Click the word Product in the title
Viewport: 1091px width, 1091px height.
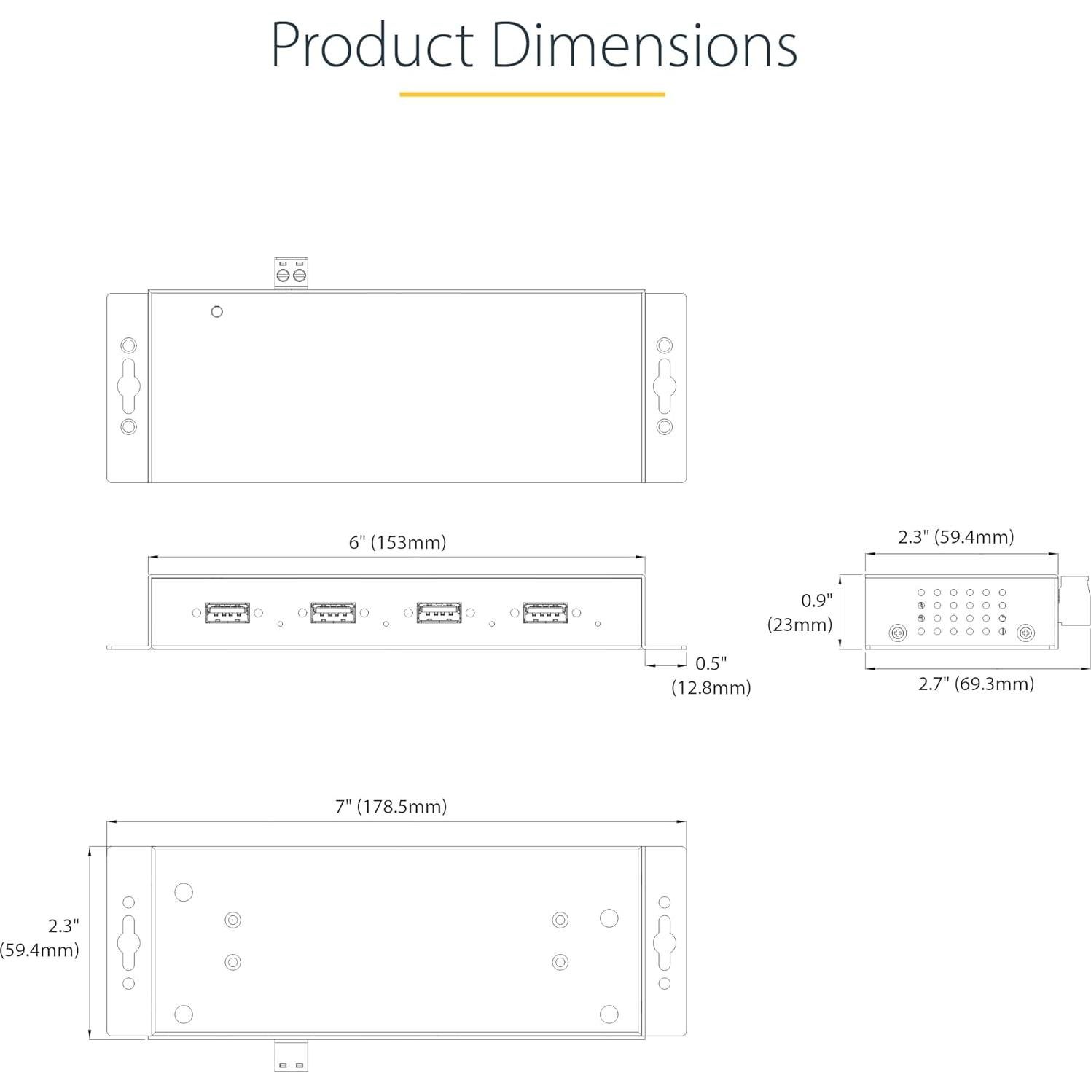point(372,45)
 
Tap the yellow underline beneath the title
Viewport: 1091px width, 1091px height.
point(532,94)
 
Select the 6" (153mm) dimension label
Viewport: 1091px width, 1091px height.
point(397,542)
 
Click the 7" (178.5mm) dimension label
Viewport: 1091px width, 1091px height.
point(391,806)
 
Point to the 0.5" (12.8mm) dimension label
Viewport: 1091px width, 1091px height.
point(711,676)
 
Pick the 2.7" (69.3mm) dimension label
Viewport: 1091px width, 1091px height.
point(976,684)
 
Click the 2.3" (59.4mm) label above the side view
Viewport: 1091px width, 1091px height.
point(955,537)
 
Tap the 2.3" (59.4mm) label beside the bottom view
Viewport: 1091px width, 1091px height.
point(41,937)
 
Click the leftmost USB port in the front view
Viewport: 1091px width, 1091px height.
point(227,613)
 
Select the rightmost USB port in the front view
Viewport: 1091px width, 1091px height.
point(545,613)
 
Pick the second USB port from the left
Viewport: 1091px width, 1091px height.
point(333,613)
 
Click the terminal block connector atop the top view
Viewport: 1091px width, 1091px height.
point(292,273)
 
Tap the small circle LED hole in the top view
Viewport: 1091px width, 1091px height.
point(216,312)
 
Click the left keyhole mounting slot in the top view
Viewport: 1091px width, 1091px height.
point(129,386)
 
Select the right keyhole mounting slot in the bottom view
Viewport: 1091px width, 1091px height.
point(664,942)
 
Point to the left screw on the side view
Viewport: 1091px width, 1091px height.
point(898,633)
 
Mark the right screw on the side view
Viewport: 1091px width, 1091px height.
point(1025,633)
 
